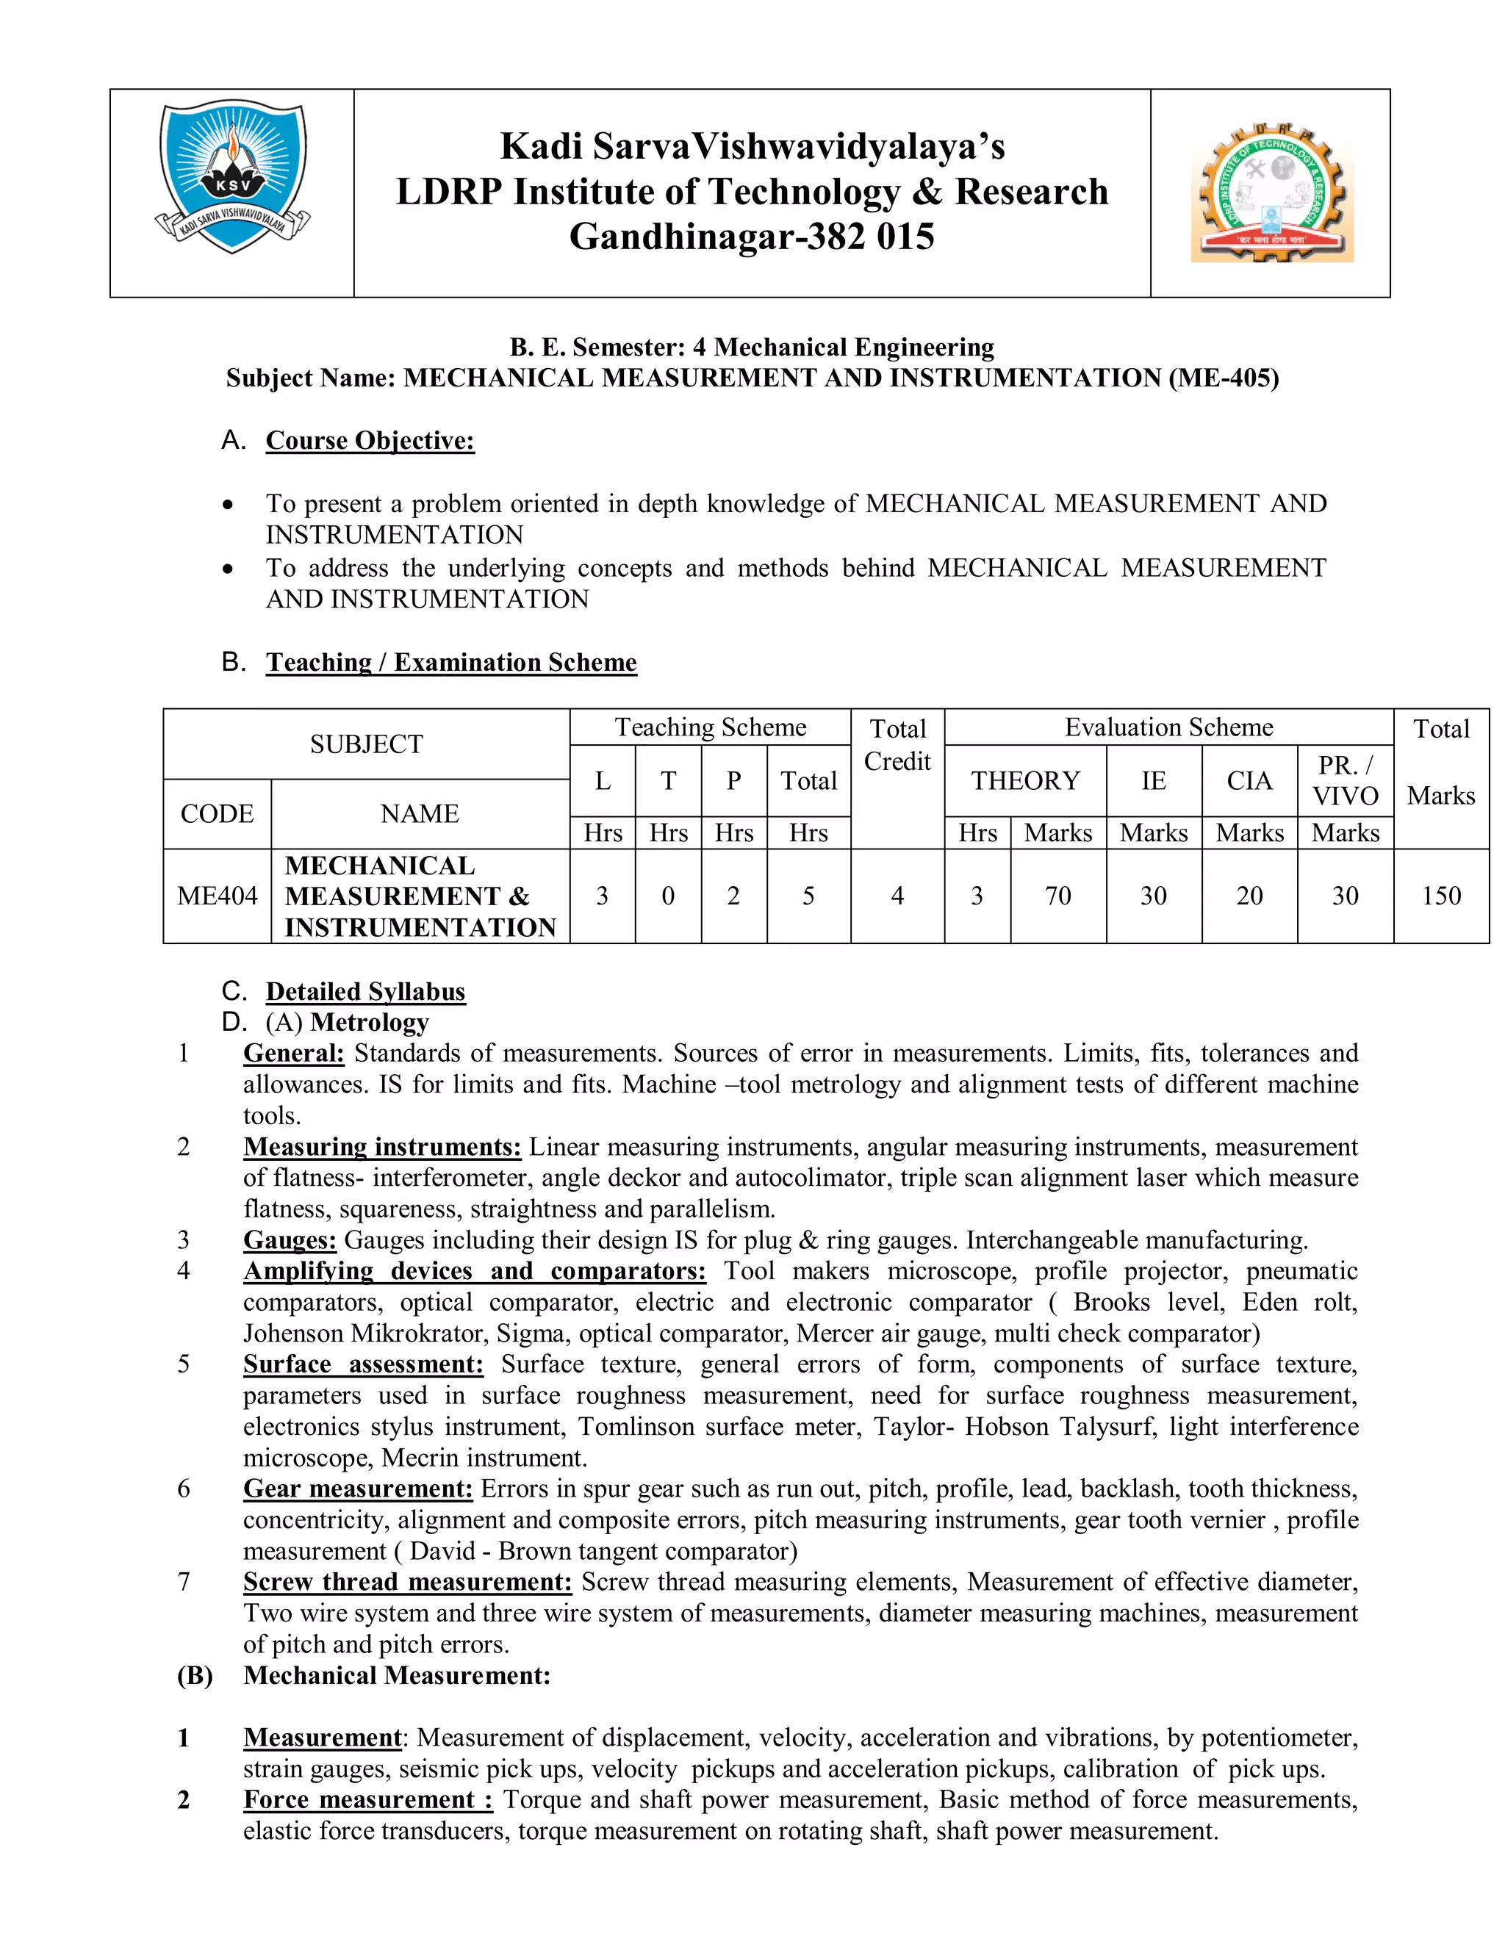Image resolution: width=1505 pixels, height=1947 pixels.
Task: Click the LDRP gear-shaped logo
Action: click(x=1272, y=193)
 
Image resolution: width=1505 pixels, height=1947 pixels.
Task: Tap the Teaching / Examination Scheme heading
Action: click(x=451, y=663)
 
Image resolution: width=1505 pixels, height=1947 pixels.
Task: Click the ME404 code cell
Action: click(x=217, y=896)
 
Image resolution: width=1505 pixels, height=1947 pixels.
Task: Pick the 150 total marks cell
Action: click(x=1441, y=896)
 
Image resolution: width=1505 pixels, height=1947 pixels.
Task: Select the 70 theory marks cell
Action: click(x=1057, y=896)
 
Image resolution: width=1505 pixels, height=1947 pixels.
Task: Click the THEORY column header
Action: click(x=1024, y=781)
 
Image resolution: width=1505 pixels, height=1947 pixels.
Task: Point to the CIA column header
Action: click(x=1249, y=781)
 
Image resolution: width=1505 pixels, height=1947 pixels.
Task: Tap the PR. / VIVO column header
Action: click(x=1345, y=781)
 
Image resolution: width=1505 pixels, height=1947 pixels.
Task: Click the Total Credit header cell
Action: click(x=897, y=745)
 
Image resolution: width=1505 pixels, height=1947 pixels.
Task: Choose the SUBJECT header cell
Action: click(x=367, y=744)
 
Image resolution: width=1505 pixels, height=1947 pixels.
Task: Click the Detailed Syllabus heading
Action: click(x=365, y=991)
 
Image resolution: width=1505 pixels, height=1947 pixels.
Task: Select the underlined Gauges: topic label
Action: click(x=290, y=1240)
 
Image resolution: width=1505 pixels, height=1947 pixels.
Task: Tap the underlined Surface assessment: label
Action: click(x=363, y=1364)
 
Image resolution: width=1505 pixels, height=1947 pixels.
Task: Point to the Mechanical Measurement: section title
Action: click(x=397, y=1675)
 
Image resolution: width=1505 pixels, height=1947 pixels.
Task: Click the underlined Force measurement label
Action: click(x=367, y=1800)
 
